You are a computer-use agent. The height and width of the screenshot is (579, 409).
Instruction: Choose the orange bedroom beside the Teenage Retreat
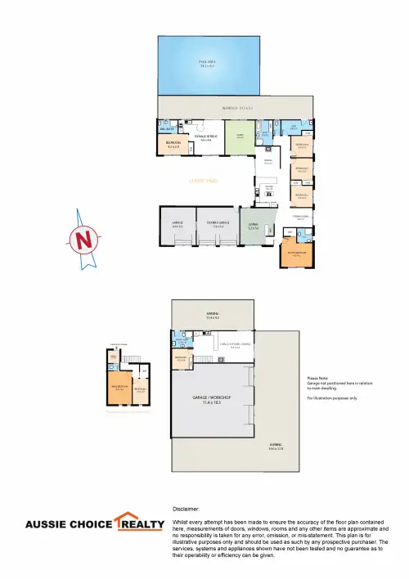tap(173, 146)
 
